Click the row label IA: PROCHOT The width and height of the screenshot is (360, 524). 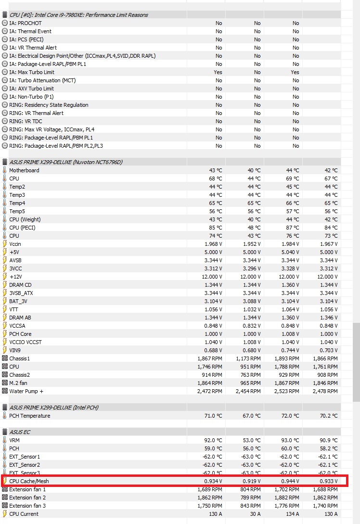(25, 23)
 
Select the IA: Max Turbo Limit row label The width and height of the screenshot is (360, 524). (32, 72)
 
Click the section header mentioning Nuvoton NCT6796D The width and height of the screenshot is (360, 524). (66, 162)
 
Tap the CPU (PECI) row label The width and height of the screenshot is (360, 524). (22, 228)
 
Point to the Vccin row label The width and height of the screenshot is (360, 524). (15, 244)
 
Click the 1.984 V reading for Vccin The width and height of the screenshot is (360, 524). (290, 244)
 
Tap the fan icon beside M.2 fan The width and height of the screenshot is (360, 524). (5, 383)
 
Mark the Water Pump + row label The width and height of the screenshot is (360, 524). (26, 391)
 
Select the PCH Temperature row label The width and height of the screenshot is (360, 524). (29, 416)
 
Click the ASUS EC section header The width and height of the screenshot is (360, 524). (20, 432)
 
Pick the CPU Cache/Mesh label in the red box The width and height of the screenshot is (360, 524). (29, 481)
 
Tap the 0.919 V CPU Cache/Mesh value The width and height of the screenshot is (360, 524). (252, 481)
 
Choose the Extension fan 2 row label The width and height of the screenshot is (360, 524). (27, 498)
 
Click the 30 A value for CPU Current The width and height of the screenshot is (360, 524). (255, 514)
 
